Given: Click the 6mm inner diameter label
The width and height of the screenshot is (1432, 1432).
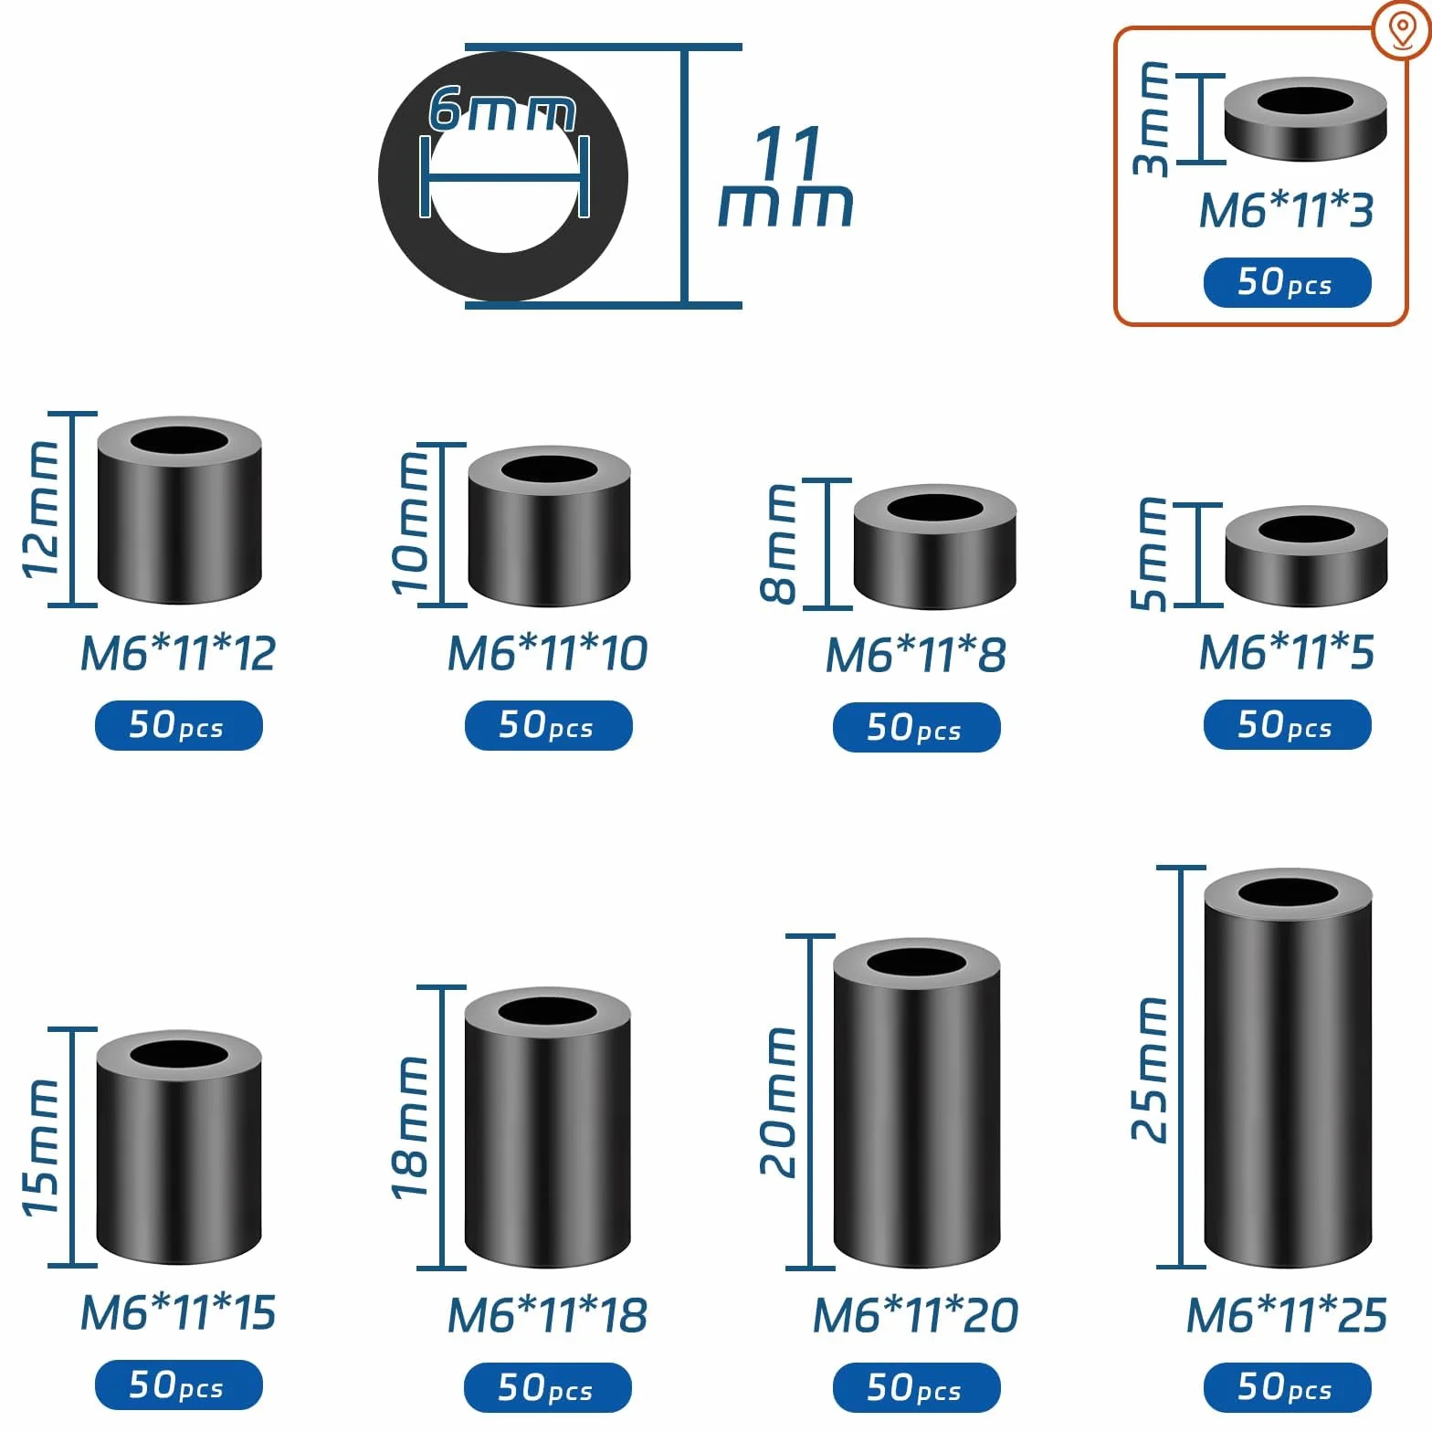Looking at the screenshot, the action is tap(502, 109).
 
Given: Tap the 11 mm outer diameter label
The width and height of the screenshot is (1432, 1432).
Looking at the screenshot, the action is tap(786, 177).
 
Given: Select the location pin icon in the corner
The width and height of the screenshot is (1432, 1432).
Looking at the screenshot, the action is tap(1402, 31).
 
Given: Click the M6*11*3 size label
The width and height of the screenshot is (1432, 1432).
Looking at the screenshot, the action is tap(1286, 210).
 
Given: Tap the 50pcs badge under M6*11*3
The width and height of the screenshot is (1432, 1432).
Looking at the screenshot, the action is tap(1287, 283).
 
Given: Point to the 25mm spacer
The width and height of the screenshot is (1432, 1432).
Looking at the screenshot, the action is tap(1288, 1068).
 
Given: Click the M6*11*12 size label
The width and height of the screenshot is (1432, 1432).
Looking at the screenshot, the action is tap(178, 653).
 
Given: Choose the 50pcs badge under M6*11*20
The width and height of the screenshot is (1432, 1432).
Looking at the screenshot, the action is tap(916, 1387).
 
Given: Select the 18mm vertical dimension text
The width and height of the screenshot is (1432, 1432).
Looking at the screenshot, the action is tap(409, 1127).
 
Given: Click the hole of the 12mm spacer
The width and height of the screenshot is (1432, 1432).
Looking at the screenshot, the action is tap(179, 439).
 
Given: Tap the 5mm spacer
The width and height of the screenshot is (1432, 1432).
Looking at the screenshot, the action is tap(1306, 556).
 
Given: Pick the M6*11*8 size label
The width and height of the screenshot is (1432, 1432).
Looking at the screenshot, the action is tap(915, 655).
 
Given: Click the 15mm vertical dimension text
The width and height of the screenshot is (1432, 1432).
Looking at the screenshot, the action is tap(40, 1147).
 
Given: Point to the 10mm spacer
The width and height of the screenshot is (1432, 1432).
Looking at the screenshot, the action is tap(549, 526).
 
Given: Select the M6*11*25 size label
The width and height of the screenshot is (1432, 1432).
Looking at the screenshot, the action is tap(1286, 1315).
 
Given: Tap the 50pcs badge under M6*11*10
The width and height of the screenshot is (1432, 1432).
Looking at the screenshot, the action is tap(548, 726).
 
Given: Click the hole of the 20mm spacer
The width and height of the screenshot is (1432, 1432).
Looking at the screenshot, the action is tap(917, 963).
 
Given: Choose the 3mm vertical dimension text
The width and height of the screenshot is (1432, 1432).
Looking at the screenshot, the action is tap(1151, 119).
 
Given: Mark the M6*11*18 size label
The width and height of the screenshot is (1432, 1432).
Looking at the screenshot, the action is tap(547, 1315).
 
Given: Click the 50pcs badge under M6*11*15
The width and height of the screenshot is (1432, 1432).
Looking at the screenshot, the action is tap(179, 1385).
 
